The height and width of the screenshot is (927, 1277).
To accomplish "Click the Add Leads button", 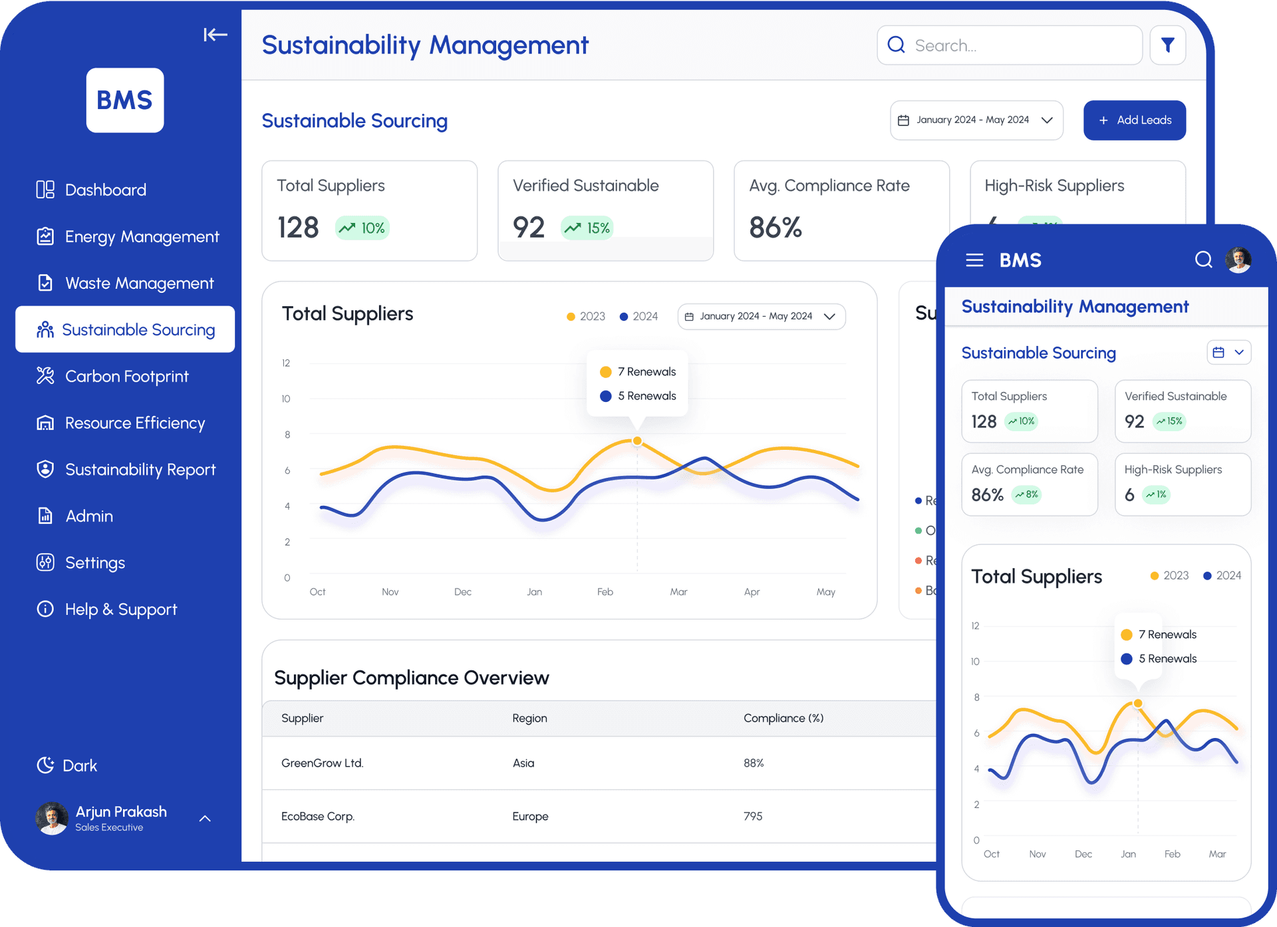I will point(1134,120).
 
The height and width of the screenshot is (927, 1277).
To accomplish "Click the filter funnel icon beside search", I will point(1167,45).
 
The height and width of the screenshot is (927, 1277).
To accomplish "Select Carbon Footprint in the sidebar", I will point(126,377).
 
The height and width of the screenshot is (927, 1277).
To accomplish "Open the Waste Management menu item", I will point(139,283).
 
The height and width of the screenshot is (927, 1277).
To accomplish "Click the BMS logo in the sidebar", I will point(125,100).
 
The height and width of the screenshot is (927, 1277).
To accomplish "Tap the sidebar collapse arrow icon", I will point(215,35).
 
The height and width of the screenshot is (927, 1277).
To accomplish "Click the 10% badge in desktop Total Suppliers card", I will point(362,228).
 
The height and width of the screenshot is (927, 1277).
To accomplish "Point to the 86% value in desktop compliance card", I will point(775,228).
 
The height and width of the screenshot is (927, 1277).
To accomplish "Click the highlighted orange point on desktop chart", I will point(637,441).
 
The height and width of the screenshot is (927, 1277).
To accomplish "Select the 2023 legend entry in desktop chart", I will point(586,317).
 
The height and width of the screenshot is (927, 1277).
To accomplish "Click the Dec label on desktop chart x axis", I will point(462,592).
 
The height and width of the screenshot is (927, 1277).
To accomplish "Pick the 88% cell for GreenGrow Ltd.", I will point(754,763).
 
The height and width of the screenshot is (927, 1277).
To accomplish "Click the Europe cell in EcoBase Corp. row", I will point(530,817).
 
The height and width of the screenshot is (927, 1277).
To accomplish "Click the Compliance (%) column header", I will point(783,718).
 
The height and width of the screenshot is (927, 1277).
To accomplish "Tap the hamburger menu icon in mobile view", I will point(974,260).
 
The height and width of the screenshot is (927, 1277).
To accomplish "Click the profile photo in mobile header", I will point(1238,260).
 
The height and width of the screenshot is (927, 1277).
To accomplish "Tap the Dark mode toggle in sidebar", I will point(67,765).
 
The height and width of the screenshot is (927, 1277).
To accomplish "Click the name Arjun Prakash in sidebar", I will point(121,812).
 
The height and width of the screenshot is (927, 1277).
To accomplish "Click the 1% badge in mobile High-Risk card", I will point(1156,494).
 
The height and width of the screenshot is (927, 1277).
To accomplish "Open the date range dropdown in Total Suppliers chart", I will point(761,317).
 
